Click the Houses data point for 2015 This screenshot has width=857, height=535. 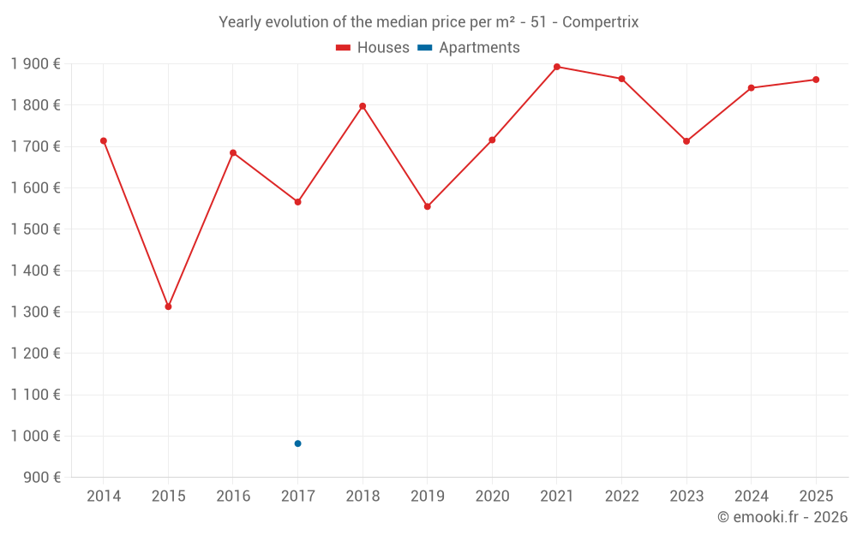(x=168, y=306)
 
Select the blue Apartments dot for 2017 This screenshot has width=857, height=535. (x=297, y=443)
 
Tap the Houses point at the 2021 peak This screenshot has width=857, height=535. (x=557, y=67)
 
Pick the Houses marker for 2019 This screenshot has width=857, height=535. (x=428, y=206)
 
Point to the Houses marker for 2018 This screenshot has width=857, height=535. (x=363, y=106)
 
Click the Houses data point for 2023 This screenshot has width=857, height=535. (x=686, y=141)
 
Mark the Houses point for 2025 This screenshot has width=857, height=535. (x=816, y=80)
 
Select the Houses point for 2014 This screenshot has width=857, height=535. (x=104, y=140)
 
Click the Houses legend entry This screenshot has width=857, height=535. (x=372, y=48)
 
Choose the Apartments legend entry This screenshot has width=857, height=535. (x=469, y=48)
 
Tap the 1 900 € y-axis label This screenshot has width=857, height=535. (x=35, y=63)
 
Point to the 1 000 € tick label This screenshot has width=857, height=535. (x=35, y=436)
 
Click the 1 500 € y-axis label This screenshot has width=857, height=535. (x=35, y=229)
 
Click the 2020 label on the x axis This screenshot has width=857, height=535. (x=492, y=496)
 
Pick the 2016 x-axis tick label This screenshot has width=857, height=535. (x=233, y=496)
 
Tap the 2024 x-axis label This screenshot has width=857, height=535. (x=751, y=496)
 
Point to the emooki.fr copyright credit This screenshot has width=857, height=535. (x=782, y=517)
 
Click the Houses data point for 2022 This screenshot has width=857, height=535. (x=621, y=79)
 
